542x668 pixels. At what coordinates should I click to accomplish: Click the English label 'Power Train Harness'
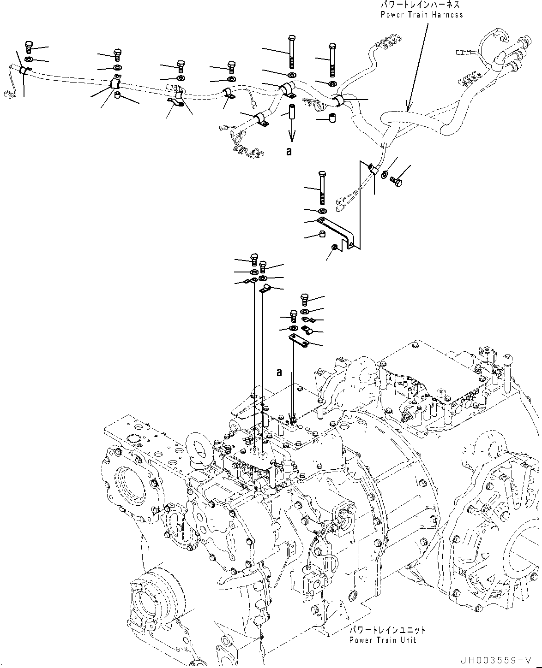[422, 15]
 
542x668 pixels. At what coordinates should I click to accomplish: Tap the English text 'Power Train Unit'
[382, 640]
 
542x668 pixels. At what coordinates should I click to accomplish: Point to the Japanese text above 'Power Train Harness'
[420, 5]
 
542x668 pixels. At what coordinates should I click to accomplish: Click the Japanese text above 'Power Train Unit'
[386, 630]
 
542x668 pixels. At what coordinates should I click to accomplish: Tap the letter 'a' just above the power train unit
[279, 372]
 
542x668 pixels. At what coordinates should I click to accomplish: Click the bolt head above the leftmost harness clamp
[28, 46]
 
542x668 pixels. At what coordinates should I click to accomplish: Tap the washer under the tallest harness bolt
[292, 75]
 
